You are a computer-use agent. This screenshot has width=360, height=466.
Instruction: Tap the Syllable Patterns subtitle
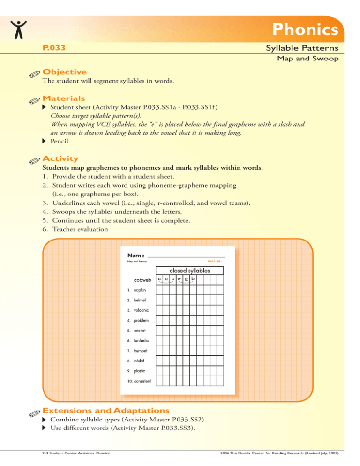[301, 48]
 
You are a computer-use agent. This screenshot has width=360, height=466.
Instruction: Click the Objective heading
[64, 72]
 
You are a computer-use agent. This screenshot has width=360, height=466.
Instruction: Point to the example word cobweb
[142, 280]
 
